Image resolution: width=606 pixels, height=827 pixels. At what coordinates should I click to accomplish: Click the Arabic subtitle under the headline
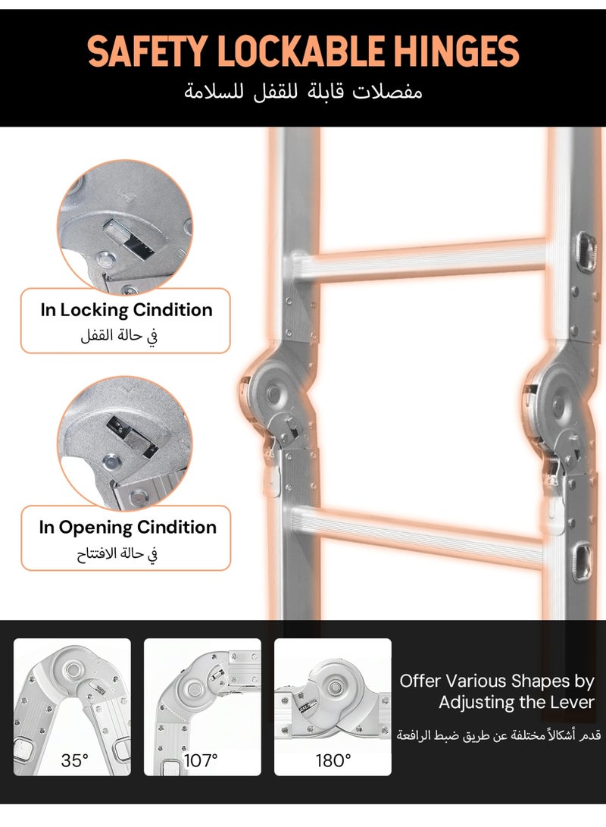click(303, 92)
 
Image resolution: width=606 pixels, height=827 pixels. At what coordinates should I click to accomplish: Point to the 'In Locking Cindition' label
click(127, 309)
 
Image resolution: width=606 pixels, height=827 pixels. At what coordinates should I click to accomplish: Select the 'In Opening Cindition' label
click(127, 528)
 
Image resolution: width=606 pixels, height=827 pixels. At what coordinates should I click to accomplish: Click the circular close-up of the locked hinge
click(124, 228)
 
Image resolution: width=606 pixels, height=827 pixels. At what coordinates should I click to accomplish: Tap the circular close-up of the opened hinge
click(124, 445)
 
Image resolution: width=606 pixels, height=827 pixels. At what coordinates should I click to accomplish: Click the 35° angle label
click(74, 760)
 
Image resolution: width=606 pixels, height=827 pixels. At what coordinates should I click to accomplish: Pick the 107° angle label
click(201, 760)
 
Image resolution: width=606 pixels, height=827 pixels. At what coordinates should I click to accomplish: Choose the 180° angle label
click(333, 760)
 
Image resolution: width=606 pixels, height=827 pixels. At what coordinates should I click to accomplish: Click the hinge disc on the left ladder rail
click(274, 393)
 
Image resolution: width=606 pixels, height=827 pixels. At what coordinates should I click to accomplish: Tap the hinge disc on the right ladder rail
click(559, 403)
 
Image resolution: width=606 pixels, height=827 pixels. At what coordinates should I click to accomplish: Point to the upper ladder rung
click(419, 260)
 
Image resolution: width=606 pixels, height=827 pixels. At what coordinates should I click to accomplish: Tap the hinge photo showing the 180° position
click(333, 706)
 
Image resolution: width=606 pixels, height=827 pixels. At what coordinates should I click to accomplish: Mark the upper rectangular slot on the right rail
click(586, 252)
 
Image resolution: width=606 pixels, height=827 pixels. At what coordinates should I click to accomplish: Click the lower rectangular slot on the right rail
click(583, 562)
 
